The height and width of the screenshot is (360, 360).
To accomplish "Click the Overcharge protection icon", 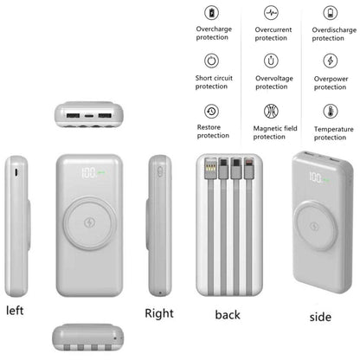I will click(x=212, y=13).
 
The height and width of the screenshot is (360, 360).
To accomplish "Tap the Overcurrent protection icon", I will click(x=272, y=13).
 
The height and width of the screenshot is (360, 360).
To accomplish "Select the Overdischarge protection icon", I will click(x=330, y=13).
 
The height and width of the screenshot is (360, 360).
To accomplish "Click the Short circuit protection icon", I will click(x=212, y=61).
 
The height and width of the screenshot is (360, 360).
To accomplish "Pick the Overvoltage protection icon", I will click(x=272, y=61).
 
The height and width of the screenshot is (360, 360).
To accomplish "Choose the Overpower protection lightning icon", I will click(x=330, y=61).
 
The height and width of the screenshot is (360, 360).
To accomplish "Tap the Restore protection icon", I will click(x=212, y=111).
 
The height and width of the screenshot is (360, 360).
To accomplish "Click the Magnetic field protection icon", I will click(x=272, y=111).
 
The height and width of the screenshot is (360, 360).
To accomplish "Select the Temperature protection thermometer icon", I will click(x=330, y=111).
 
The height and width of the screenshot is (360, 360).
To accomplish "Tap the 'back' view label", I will click(x=228, y=314).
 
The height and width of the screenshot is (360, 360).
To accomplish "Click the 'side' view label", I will click(x=320, y=317).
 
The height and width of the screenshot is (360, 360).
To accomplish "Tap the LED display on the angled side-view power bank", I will click(x=318, y=178).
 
